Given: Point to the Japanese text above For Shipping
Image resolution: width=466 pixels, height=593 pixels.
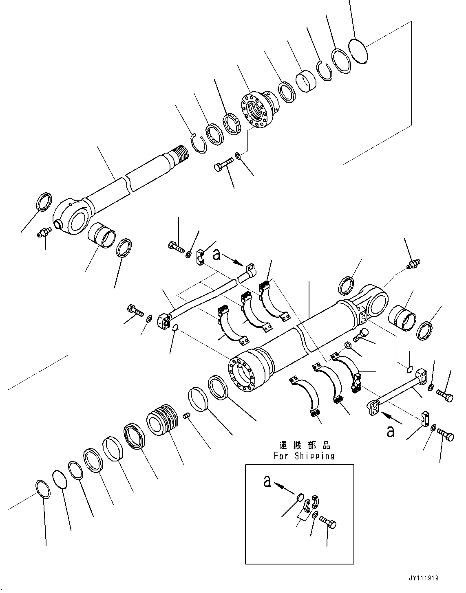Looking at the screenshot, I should coord(304,445).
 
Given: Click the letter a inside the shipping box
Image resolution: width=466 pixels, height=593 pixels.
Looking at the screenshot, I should coord(267,481).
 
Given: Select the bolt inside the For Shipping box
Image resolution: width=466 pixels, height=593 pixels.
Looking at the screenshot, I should coord(328,522).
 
